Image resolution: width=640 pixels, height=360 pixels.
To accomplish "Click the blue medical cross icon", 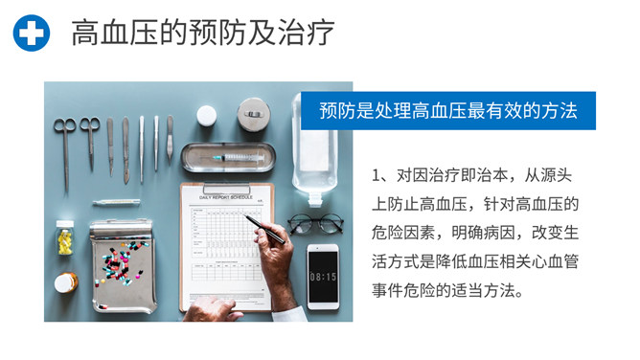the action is [32, 33].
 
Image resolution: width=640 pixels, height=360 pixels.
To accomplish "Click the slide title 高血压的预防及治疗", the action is [203, 33].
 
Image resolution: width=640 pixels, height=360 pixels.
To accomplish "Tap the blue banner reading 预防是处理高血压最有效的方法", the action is [448, 110].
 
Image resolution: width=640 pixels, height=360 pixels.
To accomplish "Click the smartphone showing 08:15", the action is [323, 277].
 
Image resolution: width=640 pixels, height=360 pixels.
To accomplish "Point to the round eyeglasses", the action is [315, 224].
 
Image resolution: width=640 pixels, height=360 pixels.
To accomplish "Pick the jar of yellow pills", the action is [65, 237].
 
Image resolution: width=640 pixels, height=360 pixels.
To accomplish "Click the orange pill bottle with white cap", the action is [66, 282].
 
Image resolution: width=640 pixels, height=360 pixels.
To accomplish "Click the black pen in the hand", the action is [264, 229].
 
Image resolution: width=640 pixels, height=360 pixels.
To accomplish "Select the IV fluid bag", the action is [314, 148].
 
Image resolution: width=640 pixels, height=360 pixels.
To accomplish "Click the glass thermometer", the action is [116, 202].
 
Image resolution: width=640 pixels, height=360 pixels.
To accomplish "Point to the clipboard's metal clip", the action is [226, 189].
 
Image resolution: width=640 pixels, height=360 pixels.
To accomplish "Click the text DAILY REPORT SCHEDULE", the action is [226, 197].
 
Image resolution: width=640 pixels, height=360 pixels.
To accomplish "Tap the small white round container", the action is [207, 116].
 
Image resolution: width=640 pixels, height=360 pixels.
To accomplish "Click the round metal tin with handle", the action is [254, 115].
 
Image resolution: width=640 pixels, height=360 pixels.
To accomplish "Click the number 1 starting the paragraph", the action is [376, 175].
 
